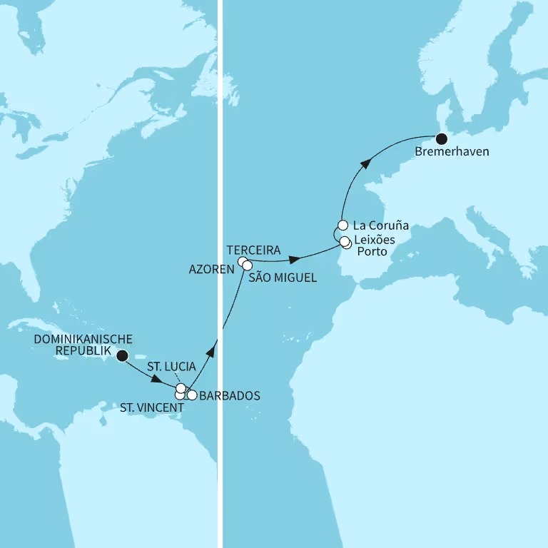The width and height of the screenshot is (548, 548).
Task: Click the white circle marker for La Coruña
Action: (x=342, y=225)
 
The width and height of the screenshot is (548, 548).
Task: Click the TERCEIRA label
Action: (x=252, y=250)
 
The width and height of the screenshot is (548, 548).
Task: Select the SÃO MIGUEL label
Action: (x=283, y=278)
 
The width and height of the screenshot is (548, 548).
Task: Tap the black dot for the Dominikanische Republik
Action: (x=122, y=355)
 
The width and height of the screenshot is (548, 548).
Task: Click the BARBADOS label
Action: (x=230, y=395)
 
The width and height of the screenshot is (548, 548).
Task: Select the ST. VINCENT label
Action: (x=152, y=407)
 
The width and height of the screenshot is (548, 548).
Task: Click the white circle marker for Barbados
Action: (x=192, y=395)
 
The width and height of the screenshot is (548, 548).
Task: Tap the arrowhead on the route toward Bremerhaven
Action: (x=365, y=164)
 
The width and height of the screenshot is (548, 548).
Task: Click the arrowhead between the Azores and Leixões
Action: (x=294, y=255)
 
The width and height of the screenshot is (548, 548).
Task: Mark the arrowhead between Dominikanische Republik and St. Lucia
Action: (x=157, y=379)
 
